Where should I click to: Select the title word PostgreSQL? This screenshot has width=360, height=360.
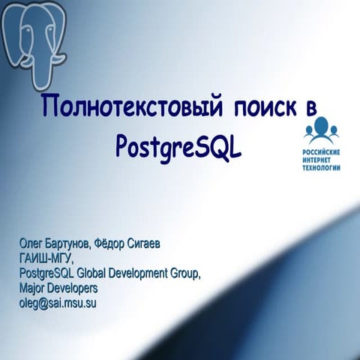[x=179, y=144]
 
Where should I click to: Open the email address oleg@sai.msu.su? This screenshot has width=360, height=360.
[x=58, y=303]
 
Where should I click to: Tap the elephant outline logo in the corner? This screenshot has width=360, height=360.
[x=34, y=37]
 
